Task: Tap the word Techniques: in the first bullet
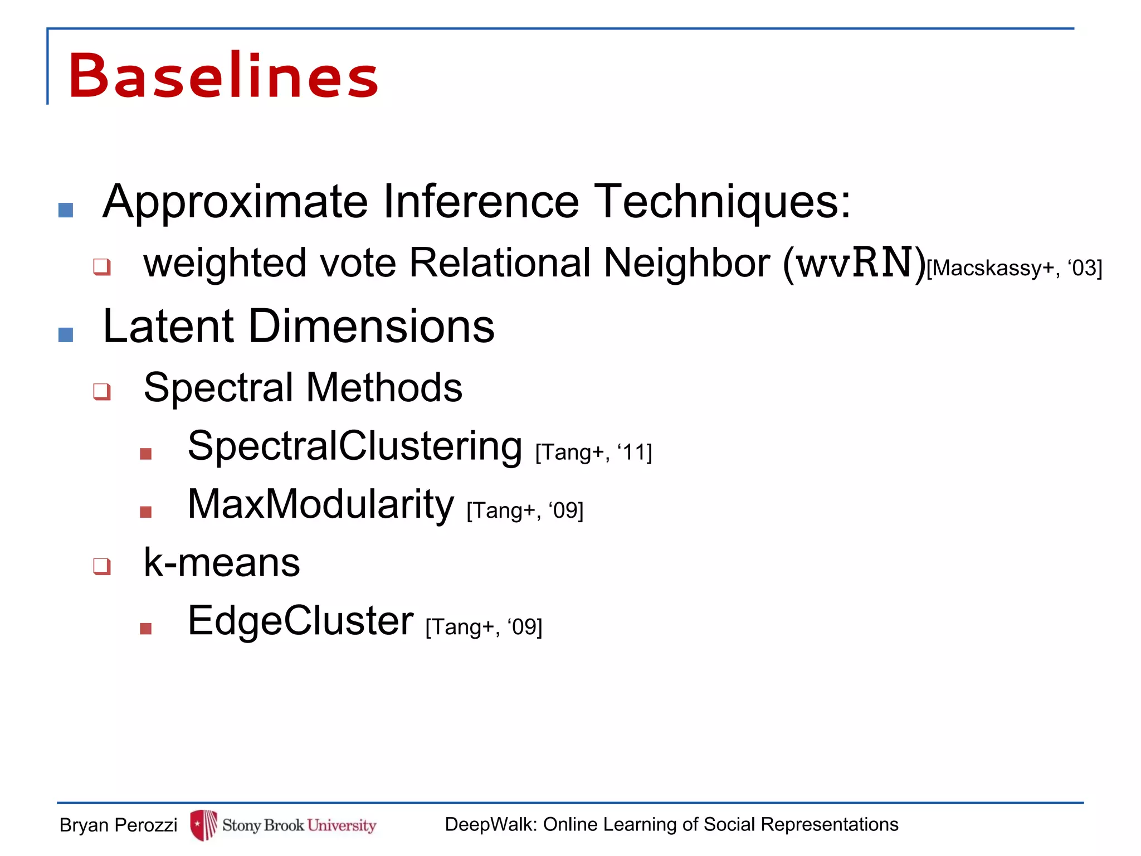(x=723, y=202)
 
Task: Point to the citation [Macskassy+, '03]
(x=1014, y=268)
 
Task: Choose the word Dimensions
(x=371, y=326)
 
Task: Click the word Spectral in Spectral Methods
(x=218, y=387)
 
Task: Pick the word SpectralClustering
(x=355, y=446)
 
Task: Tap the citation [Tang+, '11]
(x=593, y=452)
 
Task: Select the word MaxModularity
(x=321, y=504)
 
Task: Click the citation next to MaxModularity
(x=525, y=510)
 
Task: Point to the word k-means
(x=222, y=562)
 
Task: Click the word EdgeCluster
(x=300, y=621)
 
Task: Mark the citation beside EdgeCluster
(x=484, y=627)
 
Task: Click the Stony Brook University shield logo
(x=203, y=825)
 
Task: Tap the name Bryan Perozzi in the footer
(x=118, y=825)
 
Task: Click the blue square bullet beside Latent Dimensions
(x=66, y=334)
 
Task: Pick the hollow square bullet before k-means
(x=102, y=566)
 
